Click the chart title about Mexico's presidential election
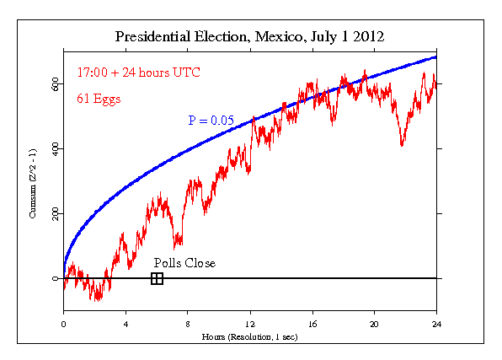pyautogui.click(x=249, y=37)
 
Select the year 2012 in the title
pyautogui.click(x=367, y=37)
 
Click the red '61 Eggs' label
pyautogui.click(x=99, y=98)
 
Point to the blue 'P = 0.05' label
pyautogui.click(x=211, y=121)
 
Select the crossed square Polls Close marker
pyautogui.click(x=157, y=278)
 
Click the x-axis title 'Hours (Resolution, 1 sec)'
pyautogui.click(x=249, y=336)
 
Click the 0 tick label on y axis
pyautogui.click(x=55, y=278)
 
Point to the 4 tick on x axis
pyautogui.click(x=125, y=324)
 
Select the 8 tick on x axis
pyautogui.click(x=188, y=324)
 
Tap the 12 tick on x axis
pyautogui.click(x=250, y=324)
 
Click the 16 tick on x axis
pyautogui.click(x=312, y=324)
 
